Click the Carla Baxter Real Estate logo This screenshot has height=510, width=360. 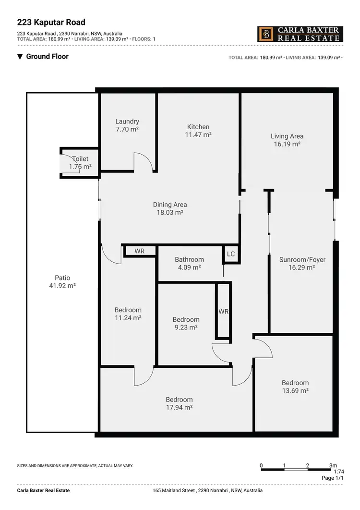(300, 34)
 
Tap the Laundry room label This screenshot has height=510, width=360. (127, 122)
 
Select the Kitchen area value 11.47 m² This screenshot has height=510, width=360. (198, 135)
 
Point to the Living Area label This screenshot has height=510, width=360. (287, 136)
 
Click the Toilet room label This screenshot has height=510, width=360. (80, 159)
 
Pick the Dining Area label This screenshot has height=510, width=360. (170, 205)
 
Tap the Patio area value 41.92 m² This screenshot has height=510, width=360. (62, 286)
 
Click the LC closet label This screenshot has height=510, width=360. (231, 254)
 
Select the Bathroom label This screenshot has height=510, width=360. (189, 259)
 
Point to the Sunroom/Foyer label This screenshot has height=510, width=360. (302, 260)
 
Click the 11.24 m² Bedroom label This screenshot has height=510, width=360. (128, 310)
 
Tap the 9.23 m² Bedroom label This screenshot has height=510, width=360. (186, 320)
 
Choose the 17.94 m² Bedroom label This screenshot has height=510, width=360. (179, 400)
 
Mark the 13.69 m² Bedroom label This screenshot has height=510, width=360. (295, 383)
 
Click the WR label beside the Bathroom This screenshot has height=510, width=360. (140, 251)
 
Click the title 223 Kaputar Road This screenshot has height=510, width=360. (51, 22)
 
